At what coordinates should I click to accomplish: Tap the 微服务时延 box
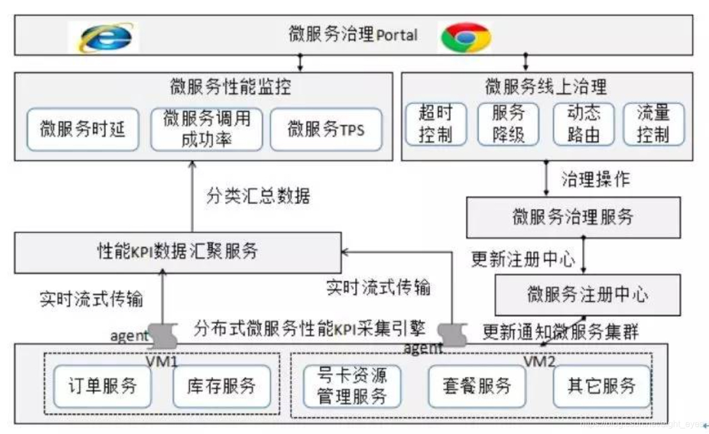83,130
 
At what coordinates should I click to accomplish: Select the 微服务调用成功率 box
206,130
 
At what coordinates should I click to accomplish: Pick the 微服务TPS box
326,130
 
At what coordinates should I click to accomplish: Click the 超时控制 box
435,124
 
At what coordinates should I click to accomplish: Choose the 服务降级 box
508,124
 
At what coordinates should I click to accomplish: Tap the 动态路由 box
584,124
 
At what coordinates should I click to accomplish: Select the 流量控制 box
654,124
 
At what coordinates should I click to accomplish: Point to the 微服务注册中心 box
588,294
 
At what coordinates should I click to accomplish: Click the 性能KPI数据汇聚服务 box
178,252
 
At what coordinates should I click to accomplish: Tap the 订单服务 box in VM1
103,386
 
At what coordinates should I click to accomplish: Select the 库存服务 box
222,386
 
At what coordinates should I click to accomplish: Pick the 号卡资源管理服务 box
352,386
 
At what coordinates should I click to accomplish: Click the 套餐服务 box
477,386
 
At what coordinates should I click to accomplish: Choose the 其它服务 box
602,386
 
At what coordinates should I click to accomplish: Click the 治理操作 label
595,179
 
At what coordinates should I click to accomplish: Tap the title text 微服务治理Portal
353,34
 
